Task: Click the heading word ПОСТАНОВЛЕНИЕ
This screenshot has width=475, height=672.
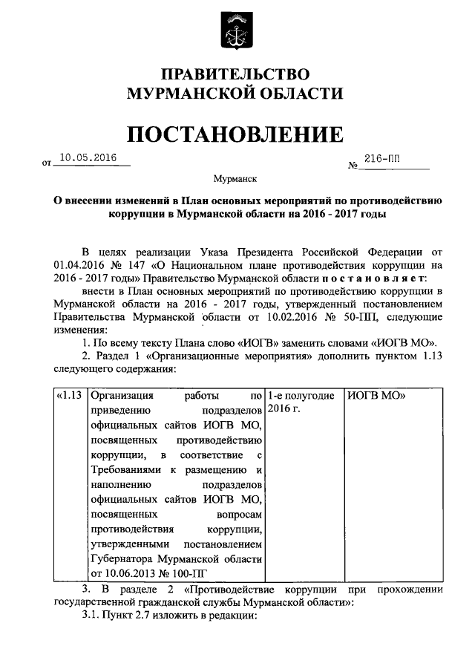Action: (236, 134)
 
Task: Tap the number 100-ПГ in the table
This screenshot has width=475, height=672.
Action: (188, 573)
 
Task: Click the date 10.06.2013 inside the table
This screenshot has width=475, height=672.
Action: (133, 573)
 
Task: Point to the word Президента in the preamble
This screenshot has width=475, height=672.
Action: (286, 250)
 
